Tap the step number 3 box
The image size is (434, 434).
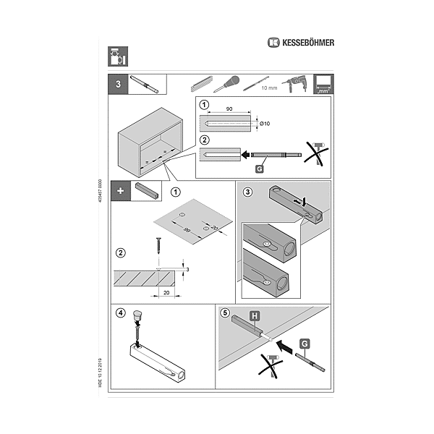[117, 84]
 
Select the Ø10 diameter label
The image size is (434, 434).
[264, 124]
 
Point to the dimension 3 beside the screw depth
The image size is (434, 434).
[187, 269]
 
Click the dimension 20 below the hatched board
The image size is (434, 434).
[167, 294]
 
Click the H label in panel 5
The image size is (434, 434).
[255, 315]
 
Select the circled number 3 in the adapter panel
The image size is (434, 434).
[247, 191]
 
